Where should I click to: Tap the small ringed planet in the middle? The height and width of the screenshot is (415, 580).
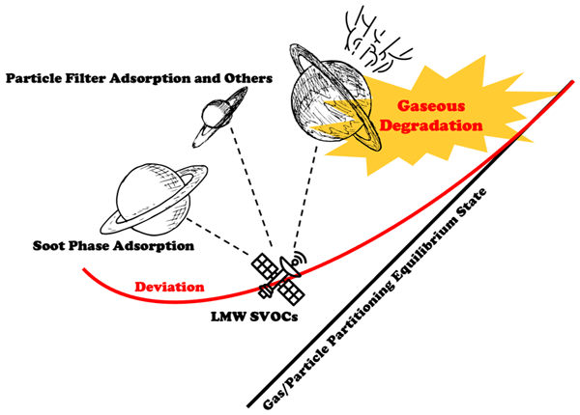[211, 118]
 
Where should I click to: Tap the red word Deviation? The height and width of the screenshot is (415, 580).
[169, 286]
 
